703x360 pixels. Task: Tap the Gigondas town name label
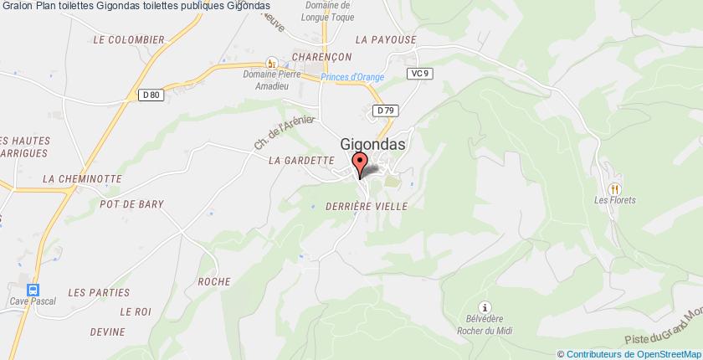(x=373, y=143)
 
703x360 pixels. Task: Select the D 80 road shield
(x=151, y=95)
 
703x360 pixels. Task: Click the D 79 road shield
(x=385, y=110)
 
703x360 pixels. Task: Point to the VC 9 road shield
(x=420, y=74)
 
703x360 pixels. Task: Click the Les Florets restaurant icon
(x=615, y=188)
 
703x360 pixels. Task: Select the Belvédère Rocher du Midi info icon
(x=482, y=307)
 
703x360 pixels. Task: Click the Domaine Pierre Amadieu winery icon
(x=270, y=63)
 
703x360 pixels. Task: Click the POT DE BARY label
(x=131, y=203)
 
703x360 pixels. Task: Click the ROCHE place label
(x=214, y=281)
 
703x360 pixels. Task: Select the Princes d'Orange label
(x=352, y=78)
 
